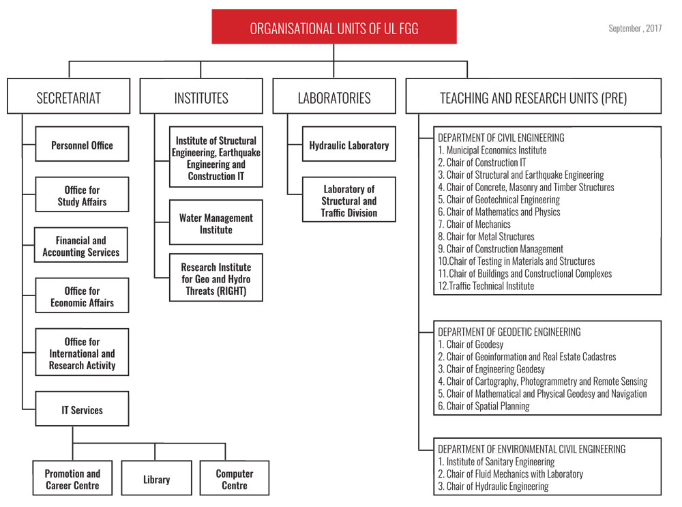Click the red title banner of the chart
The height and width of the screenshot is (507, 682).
tap(334, 27)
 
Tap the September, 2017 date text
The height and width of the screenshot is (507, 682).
tap(634, 29)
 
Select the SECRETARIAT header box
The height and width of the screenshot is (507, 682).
tap(69, 96)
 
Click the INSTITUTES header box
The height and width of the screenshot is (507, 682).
tap(201, 96)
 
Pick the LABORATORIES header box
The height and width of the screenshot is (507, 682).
tap(334, 96)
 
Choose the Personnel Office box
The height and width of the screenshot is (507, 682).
tap(82, 144)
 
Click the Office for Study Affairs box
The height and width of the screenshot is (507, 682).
tap(82, 194)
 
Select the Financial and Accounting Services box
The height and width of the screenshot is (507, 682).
tap(81, 245)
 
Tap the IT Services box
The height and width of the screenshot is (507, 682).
tap(82, 409)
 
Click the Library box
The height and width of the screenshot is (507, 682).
tap(157, 478)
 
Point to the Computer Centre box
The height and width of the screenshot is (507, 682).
tap(235, 478)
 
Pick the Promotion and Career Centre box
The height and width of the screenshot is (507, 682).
tap(73, 478)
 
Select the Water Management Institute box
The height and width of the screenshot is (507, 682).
tap(216, 222)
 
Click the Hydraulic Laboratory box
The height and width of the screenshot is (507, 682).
tap(349, 144)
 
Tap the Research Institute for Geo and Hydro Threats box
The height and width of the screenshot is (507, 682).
tap(216, 278)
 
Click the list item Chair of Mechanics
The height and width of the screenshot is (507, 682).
tap(474, 224)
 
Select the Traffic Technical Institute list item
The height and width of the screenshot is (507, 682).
tap(486, 286)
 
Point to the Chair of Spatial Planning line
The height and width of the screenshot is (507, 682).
tap(484, 407)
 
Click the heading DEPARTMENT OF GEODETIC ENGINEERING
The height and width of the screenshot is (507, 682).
tap(509, 332)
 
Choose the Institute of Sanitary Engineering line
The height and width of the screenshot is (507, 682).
tap(496, 462)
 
